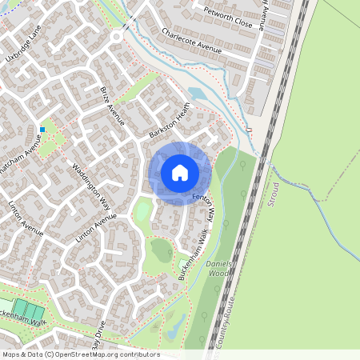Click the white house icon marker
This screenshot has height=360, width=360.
tap(180, 172)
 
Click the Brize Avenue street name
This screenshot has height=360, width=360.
tap(113, 106)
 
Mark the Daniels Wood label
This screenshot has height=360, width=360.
tap(218, 268)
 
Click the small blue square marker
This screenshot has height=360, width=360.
tap(42, 129)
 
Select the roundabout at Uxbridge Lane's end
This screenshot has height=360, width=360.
tap(117, 36)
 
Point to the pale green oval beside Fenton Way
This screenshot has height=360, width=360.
tap(142, 212)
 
